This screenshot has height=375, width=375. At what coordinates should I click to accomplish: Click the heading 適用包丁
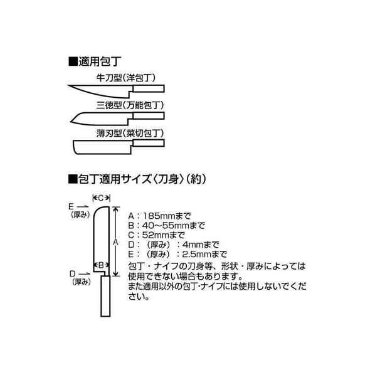pos(100,61)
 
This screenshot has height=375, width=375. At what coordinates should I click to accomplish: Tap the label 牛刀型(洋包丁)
pos(126,78)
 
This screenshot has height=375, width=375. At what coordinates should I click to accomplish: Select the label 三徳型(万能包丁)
pos(130,105)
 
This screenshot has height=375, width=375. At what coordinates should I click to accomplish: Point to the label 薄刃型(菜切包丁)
pos(130,133)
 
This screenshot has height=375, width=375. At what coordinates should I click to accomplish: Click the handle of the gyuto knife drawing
pos(149,88)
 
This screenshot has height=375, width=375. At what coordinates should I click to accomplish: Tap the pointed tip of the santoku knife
pos(71,122)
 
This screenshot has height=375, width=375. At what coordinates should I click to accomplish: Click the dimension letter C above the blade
pos(101,198)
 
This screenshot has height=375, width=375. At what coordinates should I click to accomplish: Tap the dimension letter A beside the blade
pos(115,242)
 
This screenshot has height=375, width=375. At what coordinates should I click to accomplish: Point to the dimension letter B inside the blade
pos(101,265)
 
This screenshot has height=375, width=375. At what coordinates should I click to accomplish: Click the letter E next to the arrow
pos(71,206)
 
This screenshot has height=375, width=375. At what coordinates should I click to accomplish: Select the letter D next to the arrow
pos(73,273)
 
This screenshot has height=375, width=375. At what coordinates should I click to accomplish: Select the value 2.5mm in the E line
pos(197,254)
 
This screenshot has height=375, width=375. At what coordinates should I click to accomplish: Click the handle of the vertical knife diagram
pos(105,297)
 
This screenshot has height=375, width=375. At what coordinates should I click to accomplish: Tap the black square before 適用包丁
pos(72,61)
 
